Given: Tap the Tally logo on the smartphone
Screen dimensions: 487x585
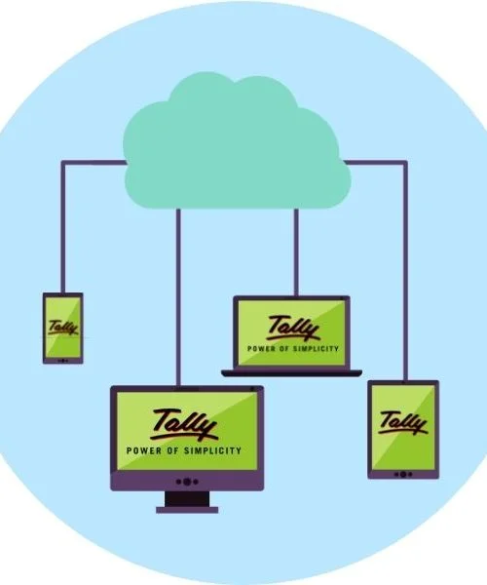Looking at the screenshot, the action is click(63, 328).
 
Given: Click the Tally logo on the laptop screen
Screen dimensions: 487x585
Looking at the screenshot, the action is click(293, 329).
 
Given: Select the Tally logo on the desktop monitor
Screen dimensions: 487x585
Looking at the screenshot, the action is click(184, 424).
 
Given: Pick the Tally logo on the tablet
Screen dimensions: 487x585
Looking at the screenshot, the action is click(403, 423).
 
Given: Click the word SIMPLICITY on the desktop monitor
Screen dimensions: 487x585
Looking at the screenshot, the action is click(212, 450).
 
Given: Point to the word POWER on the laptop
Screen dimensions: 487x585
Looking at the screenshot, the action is click(261, 349).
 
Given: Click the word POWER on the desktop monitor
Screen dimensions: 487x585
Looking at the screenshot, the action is click(144, 450).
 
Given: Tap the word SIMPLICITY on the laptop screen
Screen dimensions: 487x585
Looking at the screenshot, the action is click(316, 349).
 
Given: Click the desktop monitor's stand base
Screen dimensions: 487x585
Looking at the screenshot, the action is click(187, 510).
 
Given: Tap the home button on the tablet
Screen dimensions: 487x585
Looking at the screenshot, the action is click(403, 474).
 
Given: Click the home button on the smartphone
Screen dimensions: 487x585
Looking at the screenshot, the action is click(63, 361).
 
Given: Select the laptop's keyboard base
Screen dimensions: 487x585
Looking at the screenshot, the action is click(291, 373).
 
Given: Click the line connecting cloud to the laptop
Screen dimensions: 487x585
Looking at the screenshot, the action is click(296, 253).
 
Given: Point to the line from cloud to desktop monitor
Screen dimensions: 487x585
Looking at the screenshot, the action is click(178, 297).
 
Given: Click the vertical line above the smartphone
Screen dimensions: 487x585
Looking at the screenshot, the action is click(63, 227).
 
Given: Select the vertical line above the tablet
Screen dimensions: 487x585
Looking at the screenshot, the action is click(405, 272).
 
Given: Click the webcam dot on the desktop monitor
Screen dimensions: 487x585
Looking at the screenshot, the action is click(252, 389).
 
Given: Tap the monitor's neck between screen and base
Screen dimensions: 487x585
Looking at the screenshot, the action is click(187, 498).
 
